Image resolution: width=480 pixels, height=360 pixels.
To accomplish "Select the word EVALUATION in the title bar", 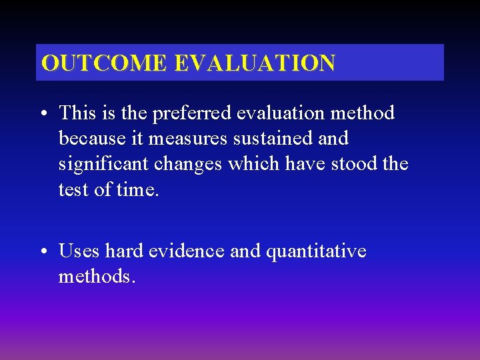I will point(255,63).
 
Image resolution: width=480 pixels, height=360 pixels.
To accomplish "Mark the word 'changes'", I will point(188,165).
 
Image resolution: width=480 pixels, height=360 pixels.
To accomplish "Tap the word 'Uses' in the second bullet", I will point(79,252).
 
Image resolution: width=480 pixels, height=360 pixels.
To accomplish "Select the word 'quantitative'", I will point(316,252).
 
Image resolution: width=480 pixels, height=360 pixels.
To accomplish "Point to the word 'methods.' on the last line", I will point(97,277).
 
